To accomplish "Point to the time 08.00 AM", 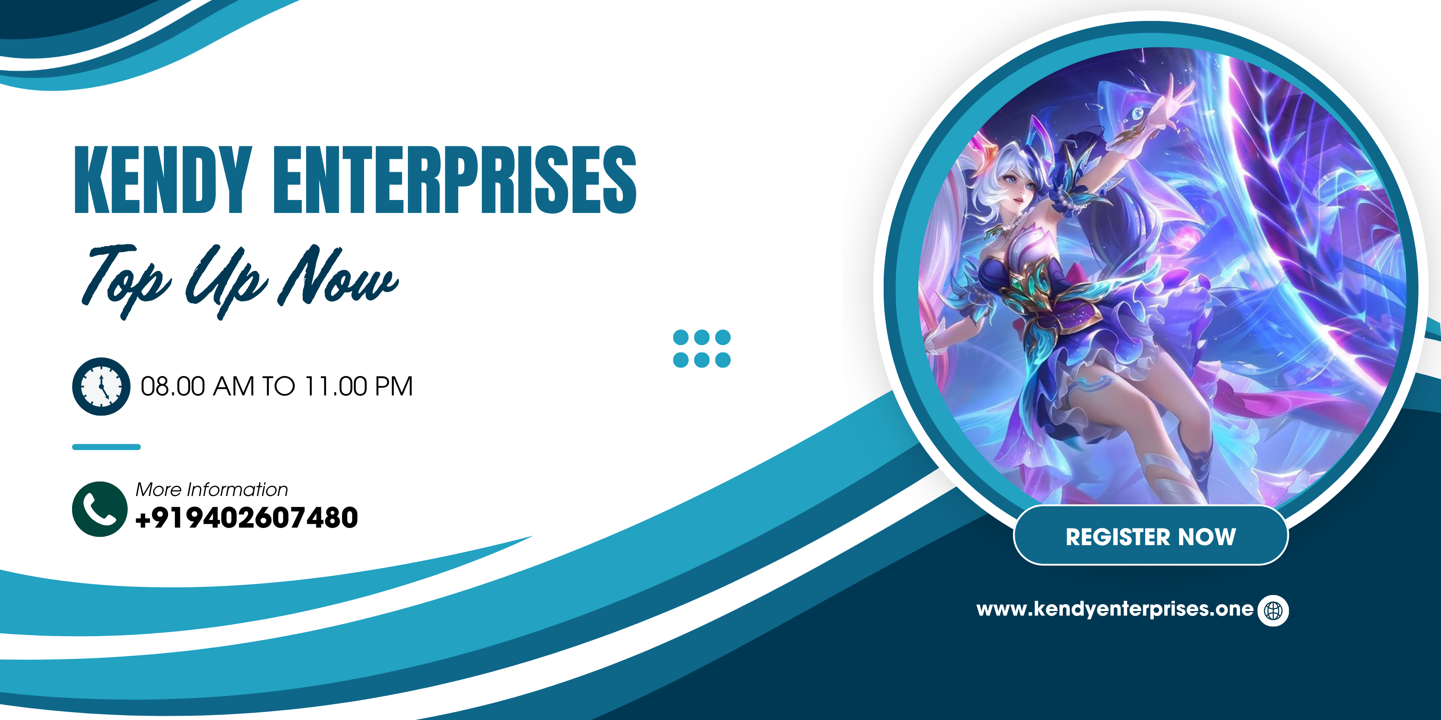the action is click(197, 386).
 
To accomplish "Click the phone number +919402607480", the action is click(247, 518).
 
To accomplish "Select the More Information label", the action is click(212, 490).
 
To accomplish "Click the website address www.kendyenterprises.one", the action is click(1115, 609).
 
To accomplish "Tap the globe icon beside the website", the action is click(1273, 610).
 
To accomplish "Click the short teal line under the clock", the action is click(106, 446).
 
